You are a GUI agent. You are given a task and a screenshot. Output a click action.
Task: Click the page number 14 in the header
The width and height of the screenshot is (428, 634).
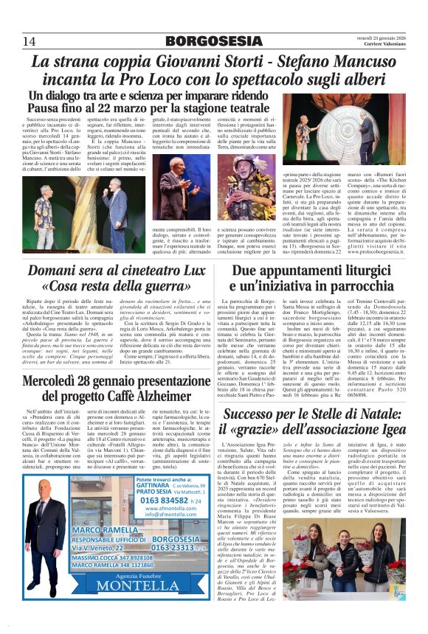coord(30,40)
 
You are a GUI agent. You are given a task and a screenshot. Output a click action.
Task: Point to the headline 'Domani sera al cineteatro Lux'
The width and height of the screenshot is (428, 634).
coord(106,270)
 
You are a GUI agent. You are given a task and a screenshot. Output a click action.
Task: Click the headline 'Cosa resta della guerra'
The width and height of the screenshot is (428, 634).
coord(106,286)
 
